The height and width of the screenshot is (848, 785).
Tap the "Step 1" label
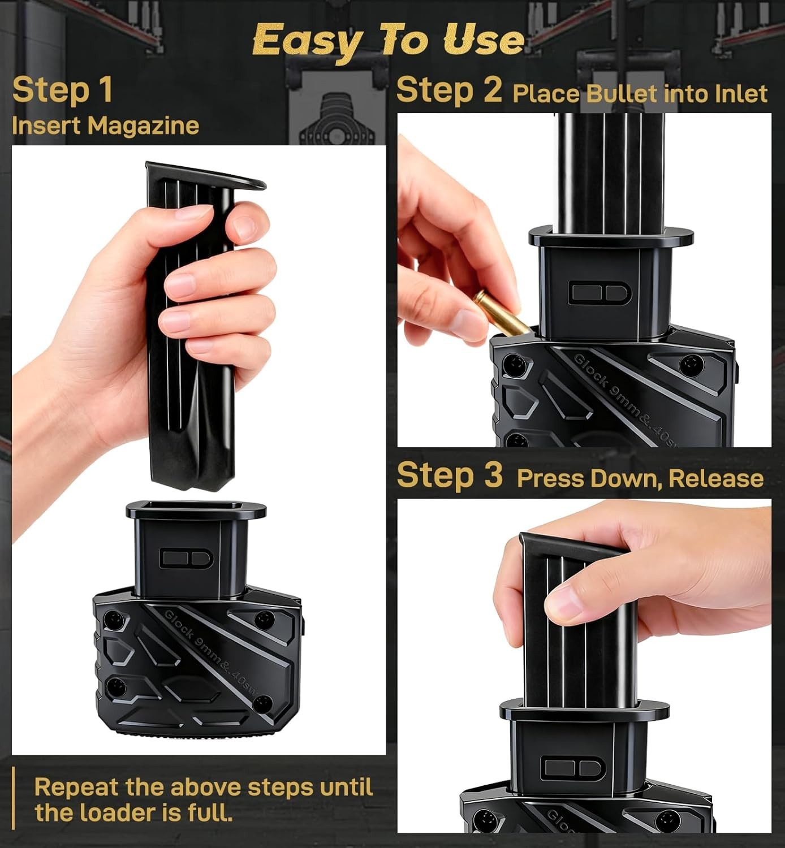pos(62,90)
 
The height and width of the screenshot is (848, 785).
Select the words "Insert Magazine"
pos(105,126)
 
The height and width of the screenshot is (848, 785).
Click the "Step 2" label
pos(449,90)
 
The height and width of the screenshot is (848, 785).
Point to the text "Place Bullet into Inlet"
pos(640,94)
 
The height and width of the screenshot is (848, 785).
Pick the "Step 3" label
pos(449,474)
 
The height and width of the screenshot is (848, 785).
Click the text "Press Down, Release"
pos(640,479)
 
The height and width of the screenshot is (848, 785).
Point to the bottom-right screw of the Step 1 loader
pos(262,704)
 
